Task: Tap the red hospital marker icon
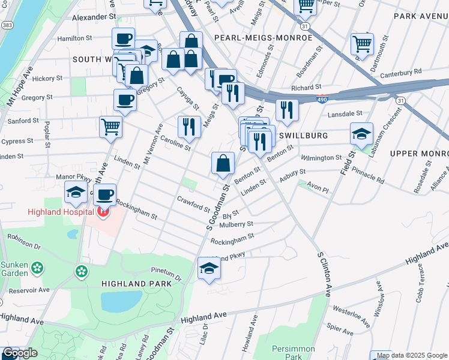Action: coord(103,211)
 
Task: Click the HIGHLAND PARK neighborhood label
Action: coord(136,283)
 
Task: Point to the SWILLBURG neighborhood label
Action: coord(304,136)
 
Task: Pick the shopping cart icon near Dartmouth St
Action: coord(363,43)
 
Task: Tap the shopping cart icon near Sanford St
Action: coord(110,127)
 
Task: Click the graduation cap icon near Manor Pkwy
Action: coord(76,192)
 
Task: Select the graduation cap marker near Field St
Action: coord(361,133)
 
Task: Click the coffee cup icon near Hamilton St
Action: coord(123,38)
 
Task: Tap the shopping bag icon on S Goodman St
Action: coord(223,163)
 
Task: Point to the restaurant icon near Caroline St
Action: coord(188,127)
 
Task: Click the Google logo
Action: coord(20,353)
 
